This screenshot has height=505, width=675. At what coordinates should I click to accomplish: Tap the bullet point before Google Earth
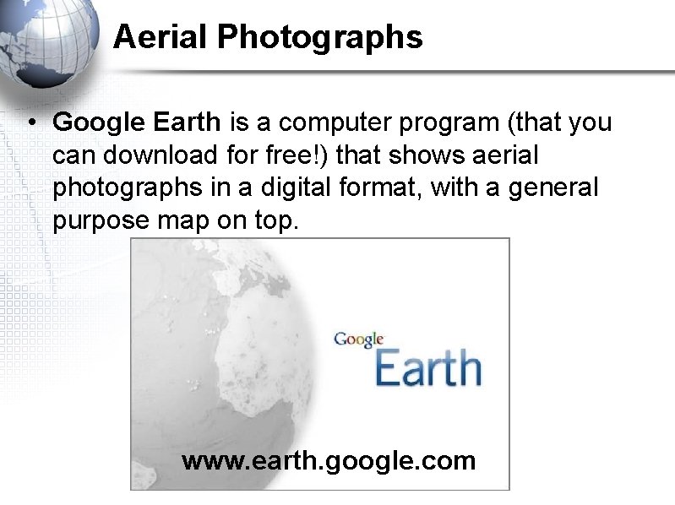tap(30, 123)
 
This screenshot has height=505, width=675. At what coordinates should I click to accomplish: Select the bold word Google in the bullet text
tap(99, 123)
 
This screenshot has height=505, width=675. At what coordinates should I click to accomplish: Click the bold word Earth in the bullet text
tap(187, 122)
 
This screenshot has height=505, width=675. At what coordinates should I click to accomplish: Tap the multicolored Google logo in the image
tap(359, 339)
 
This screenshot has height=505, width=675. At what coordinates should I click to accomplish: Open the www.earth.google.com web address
tap(329, 462)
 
